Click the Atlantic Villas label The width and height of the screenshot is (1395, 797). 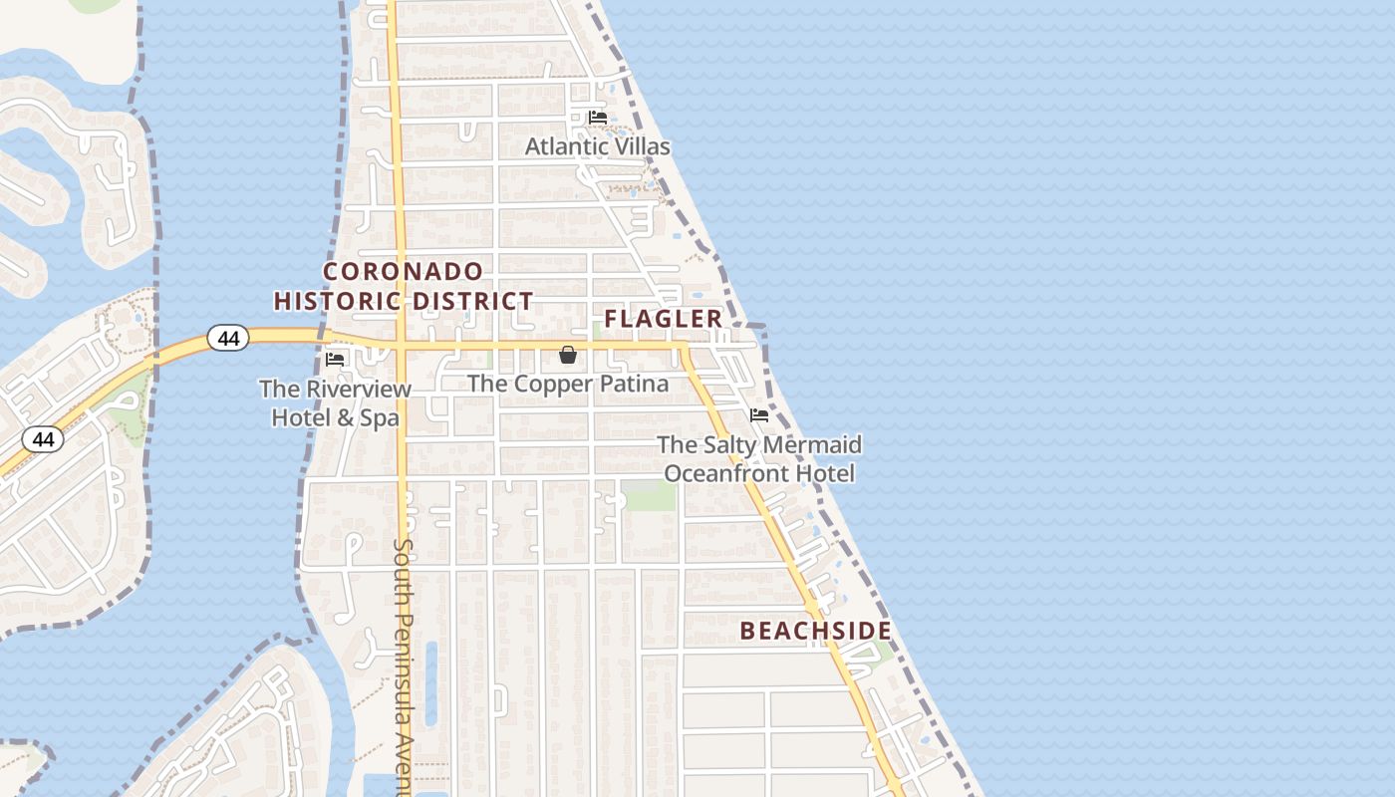point(597,146)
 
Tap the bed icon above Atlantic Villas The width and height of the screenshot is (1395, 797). point(598,118)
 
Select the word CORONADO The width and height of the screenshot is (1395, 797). point(404,271)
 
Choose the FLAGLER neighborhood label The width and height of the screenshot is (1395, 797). point(663,319)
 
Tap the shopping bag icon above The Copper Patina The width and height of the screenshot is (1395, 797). point(568,355)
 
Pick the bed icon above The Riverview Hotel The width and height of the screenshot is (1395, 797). point(335,359)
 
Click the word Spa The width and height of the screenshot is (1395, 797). point(380,418)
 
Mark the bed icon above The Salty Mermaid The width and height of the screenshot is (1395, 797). point(759,415)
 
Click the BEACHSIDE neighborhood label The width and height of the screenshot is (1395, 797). point(815,631)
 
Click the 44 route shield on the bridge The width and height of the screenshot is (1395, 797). point(228,339)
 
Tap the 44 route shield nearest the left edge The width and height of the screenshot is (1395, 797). point(43,438)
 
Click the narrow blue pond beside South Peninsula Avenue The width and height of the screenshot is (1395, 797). point(430,682)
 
